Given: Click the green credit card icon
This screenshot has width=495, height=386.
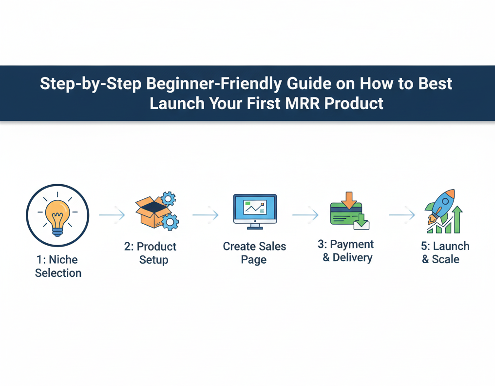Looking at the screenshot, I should point(345,214).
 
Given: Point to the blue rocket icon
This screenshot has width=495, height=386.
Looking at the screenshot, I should point(441,205).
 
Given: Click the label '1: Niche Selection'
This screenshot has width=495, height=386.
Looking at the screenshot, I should point(57,266).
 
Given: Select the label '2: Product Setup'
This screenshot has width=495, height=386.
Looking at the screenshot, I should point(151,253).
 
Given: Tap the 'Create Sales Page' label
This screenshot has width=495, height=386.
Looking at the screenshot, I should point(254,253).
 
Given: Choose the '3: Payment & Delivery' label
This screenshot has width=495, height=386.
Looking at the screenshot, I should point(346,251).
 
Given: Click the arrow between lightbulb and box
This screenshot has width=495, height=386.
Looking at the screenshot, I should point(112,214).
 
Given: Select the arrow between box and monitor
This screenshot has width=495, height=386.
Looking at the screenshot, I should point(205,214).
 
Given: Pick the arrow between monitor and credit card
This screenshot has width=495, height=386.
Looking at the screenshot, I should point(305,214).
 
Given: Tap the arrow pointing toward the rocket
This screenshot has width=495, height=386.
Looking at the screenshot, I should point(402,214).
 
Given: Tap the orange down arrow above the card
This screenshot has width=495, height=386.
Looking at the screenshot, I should point(349,200).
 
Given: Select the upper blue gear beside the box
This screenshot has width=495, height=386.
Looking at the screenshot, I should point(168,199).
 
